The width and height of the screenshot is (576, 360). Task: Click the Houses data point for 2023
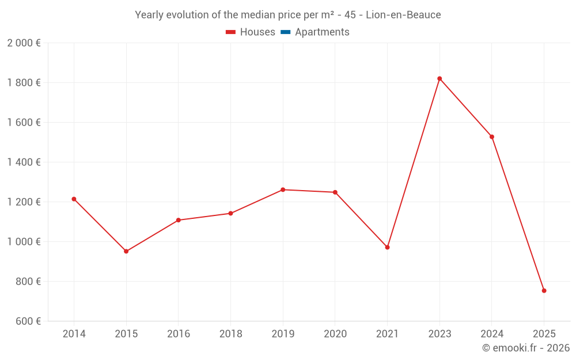point(439,78)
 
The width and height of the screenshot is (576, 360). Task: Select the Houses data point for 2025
point(544,291)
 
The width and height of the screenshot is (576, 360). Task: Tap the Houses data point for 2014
point(74,199)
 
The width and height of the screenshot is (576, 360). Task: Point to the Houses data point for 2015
point(126,251)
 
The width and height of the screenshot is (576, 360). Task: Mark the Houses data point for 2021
point(387,247)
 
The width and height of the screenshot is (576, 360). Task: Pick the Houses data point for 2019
point(283,190)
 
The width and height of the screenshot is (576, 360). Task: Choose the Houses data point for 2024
point(492,137)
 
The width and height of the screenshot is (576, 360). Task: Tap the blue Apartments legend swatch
point(286,32)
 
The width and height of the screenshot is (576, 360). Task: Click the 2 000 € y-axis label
point(24,43)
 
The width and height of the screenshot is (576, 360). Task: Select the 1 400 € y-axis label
point(24,162)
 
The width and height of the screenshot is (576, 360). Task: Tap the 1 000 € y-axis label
point(24,242)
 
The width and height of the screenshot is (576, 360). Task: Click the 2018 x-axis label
point(230,334)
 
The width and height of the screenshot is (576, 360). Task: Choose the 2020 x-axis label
point(335,334)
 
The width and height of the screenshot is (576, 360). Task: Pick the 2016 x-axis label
point(178,334)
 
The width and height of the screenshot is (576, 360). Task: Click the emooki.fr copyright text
point(526,348)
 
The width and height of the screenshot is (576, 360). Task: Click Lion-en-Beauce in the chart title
point(403,15)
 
